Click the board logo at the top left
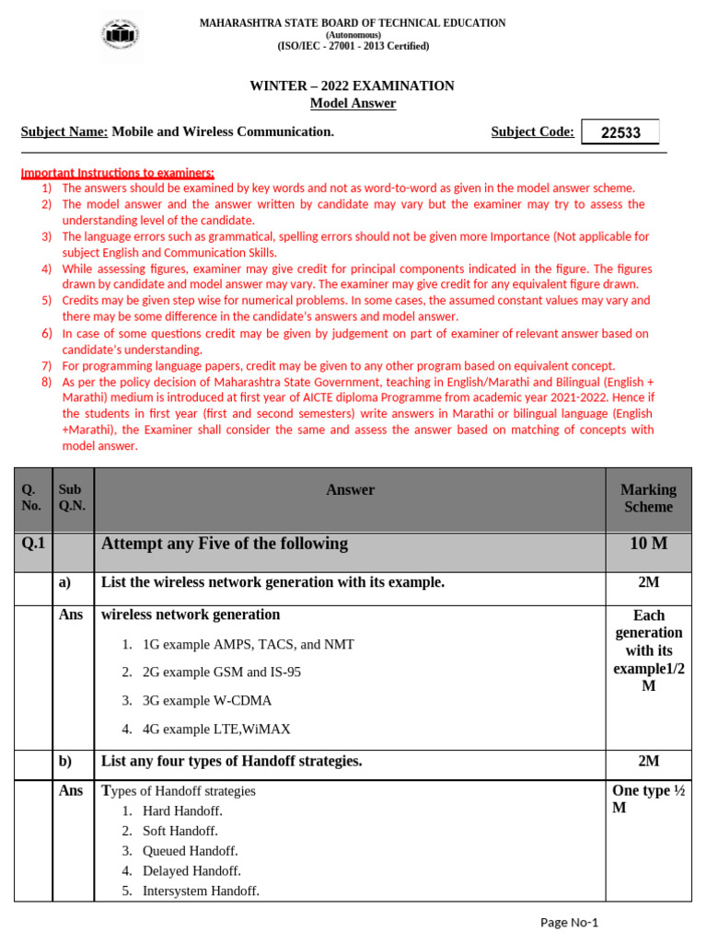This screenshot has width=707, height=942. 122,35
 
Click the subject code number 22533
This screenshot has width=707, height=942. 620,132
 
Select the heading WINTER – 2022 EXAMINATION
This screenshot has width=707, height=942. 353,86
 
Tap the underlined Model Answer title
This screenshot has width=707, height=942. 353,103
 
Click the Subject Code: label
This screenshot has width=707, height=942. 532,132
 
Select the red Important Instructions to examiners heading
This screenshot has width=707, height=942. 118,172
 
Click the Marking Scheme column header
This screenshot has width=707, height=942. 648,498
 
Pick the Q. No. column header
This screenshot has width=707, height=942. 31,498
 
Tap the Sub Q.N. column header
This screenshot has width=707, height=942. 70,498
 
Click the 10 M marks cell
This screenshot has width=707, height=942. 648,544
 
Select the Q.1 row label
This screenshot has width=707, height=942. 33,544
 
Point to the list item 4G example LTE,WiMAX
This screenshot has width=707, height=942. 216,729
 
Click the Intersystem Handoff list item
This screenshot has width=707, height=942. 201,890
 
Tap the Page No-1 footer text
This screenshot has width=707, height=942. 568,923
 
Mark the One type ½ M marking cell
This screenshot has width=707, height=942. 648,798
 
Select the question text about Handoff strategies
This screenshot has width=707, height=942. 231,761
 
